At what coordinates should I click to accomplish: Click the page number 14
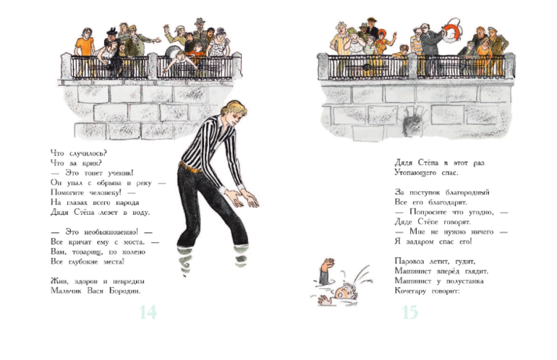(x=148, y=312)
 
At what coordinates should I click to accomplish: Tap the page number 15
(x=410, y=312)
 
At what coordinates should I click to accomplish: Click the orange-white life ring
(x=451, y=30)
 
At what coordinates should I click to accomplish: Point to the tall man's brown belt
(x=190, y=167)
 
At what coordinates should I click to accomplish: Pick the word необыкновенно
(x=111, y=232)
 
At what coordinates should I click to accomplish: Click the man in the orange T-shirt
(x=85, y=48)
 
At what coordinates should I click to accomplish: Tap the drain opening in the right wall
(x=413, y=121)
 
